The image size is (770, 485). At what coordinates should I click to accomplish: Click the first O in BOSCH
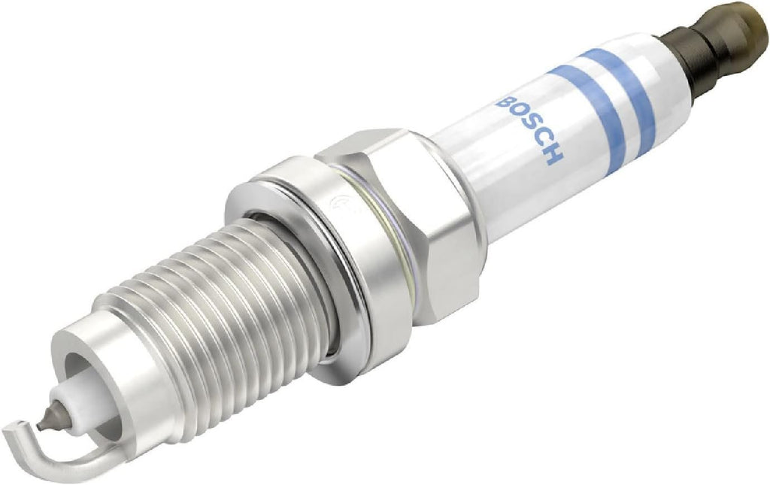tap(517, 114)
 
